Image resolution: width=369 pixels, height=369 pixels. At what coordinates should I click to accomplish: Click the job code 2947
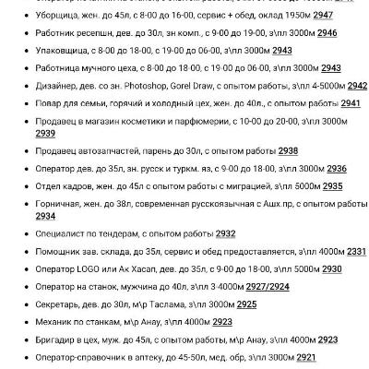pyautogui.click(x=320, y=17)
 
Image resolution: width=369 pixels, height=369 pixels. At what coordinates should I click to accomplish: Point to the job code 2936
pyautogui.click(x=337, y=168)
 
